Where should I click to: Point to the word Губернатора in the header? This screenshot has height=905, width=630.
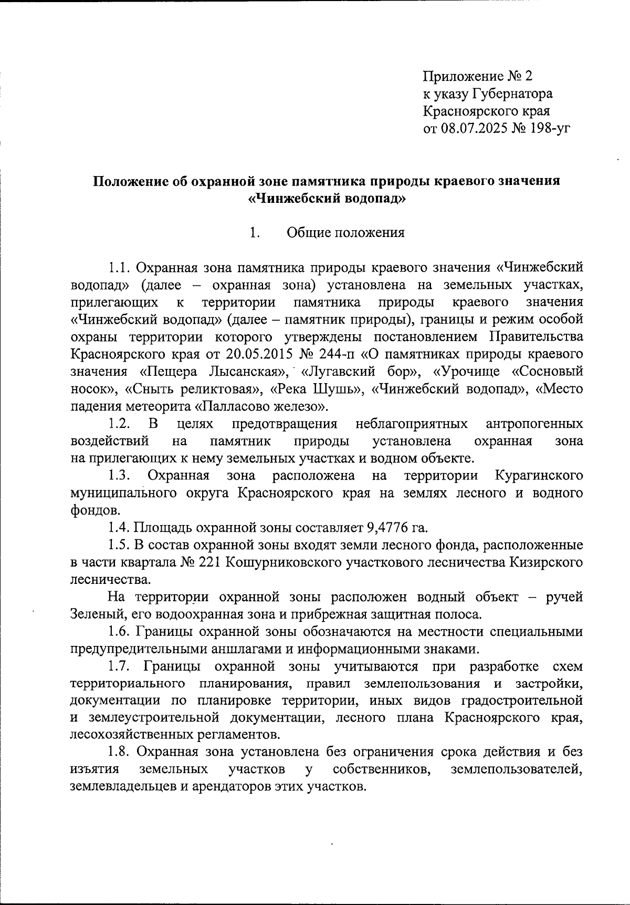pyautogui.click(x=513, y=94)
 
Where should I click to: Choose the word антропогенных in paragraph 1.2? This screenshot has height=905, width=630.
pyautogui.click(x=534, y=424)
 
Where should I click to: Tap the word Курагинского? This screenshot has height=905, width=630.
pyautogui.click(x=539, y=476)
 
